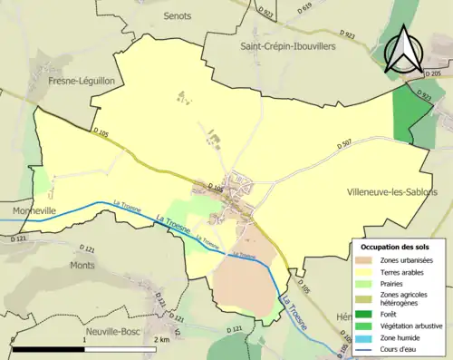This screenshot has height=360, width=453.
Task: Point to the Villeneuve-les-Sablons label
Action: coord(391,193)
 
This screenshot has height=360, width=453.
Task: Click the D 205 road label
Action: coord(432,73)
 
